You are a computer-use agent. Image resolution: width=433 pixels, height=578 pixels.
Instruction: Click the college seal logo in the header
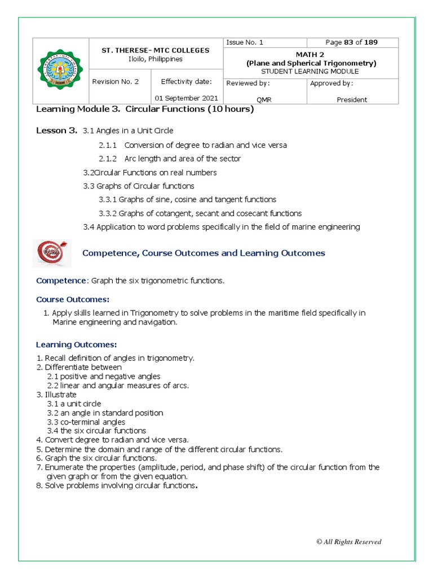point(61,71)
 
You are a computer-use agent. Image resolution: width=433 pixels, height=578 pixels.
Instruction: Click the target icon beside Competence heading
point(52,253)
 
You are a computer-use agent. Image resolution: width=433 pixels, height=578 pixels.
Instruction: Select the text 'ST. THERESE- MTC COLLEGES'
point(155,50)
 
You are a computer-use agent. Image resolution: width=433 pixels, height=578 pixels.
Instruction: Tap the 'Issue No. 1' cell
point(245,42)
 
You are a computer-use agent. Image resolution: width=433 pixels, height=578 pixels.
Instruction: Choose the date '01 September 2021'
point(189,98)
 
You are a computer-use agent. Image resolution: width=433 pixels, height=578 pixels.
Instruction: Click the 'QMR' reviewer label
point(264,99)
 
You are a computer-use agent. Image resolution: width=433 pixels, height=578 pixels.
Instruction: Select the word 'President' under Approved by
point(352,99)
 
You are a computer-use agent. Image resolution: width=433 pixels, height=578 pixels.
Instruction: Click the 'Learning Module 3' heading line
point(145,110)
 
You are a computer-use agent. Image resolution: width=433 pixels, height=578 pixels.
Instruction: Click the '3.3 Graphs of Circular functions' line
point(139,186)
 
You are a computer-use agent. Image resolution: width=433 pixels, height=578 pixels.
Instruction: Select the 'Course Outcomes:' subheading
point(73,299)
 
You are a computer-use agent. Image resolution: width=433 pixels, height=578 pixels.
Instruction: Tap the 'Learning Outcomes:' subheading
point(76,344)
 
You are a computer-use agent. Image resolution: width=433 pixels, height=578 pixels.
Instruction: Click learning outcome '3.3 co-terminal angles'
point(86,422)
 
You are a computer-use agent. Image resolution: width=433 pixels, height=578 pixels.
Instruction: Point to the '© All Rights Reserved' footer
point(348,542)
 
